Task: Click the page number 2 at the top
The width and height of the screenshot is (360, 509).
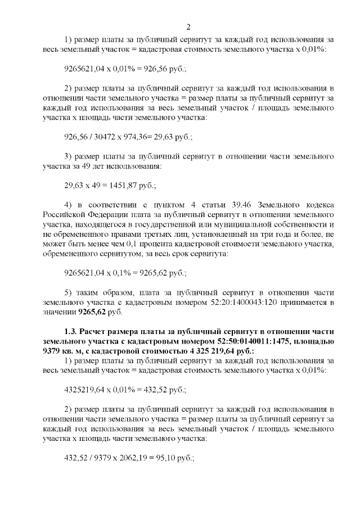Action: click(188, 26)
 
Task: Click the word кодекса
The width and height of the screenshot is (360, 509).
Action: click(319, 204)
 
